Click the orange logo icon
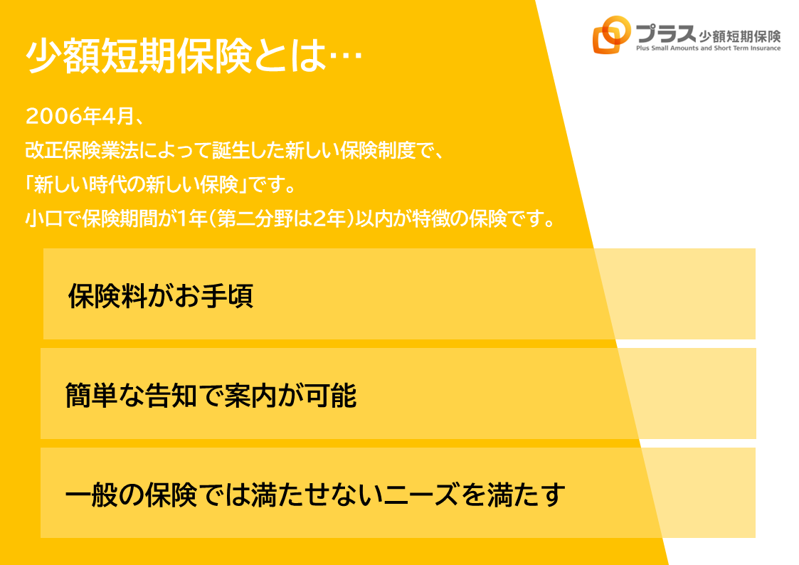point(611,34)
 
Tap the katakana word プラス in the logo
point(666,33)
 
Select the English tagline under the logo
point(709,48)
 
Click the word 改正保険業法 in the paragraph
point(82,150)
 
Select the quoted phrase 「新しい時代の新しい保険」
point(137,184)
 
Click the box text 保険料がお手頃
point(161,295)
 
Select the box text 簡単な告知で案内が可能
point(211,396)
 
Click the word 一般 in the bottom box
point(92,495)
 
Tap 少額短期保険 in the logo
point(740,36)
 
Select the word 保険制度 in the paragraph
point(378,150)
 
